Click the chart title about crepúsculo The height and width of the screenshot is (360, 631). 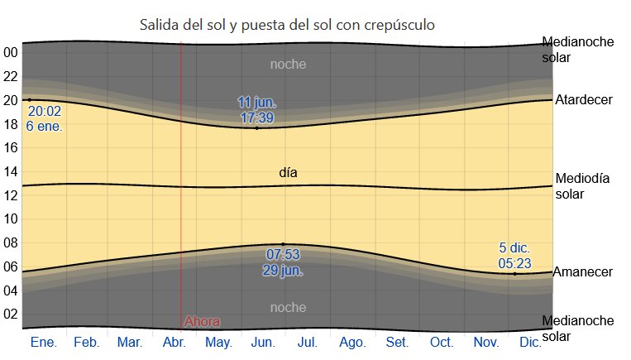coord(287,26)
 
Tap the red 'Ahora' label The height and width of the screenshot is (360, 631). coord(202,321)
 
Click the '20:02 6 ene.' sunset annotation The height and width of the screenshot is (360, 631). coord(45,118)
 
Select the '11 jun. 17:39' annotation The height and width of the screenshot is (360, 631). coord(257,110)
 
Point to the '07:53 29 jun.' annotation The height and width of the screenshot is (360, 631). coord(283,262)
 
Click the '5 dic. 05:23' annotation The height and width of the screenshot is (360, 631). coord(514,255)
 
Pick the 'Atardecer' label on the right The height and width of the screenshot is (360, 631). coord(584,100)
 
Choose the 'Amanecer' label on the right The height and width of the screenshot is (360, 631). coord(582,271)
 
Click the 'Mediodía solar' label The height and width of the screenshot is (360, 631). coord(582,186)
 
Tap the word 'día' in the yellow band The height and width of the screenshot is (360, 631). coord(288,173)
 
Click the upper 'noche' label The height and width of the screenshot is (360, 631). coord(288,64)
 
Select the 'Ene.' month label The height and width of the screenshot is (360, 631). coord(43,342)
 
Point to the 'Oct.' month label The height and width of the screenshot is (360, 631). coord(441,342)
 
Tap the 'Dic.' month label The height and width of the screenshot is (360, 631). coord(531,342)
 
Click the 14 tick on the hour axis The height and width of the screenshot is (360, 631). coord(11,171)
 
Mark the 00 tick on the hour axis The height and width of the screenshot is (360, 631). coord(11,52)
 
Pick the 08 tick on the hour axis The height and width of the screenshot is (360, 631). coord(11,242)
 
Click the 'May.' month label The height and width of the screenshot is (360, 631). coord(218,342)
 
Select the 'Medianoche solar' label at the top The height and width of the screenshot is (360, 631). coord(578,50)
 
